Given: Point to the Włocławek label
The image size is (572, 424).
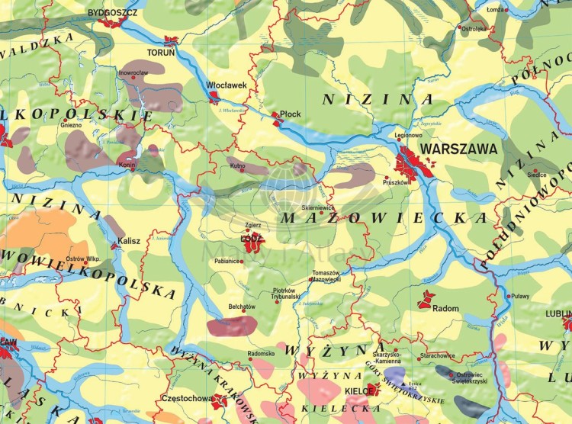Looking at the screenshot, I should (x=227, y=85).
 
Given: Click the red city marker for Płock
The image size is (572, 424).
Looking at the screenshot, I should (x=276, y=116).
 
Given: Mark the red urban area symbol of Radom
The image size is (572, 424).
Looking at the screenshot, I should (x=426, y=299).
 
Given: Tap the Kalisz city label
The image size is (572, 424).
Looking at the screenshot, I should (x=129, y=241).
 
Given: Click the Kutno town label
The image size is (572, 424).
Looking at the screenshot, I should (x=237, y=165).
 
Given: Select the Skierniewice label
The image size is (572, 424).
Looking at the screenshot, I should (x=319, y=207).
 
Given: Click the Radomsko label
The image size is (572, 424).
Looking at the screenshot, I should (x=261, y=354).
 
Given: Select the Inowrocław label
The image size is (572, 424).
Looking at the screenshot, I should (x=133, y=72).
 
